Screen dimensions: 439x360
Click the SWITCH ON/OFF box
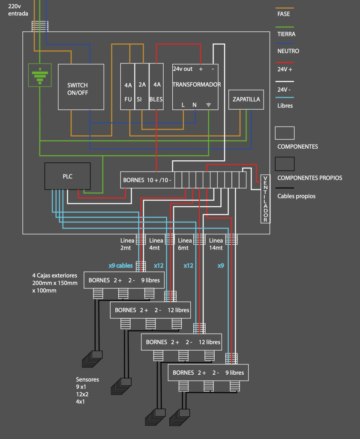click(x=81, y=87)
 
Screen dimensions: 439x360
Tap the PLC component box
click(x=68, y=176)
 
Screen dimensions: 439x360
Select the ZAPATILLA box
click(x=246, y=99)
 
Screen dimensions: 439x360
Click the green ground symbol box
click(x=39, y=75)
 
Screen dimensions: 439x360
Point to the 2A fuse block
click(x=142, y=86)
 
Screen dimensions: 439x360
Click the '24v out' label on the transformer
click(x=183, y=69)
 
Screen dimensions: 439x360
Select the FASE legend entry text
click(x=284, y=14)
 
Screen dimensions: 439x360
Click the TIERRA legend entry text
click(x=286, y=34)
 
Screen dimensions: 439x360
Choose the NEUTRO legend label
click(x=288, y=51)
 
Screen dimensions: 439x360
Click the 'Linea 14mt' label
click(x=216, y=244)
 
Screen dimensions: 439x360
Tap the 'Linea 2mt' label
click(x=127, y=244)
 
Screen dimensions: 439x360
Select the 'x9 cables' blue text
click(x=120, y=266)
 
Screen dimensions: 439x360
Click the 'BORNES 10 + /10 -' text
click(x=147, y=180)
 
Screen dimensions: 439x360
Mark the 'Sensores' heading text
click(x=87, y=379)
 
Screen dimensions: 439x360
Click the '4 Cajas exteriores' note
click(x=54, y=275)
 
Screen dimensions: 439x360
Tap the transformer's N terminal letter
click(x=195, y=105)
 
